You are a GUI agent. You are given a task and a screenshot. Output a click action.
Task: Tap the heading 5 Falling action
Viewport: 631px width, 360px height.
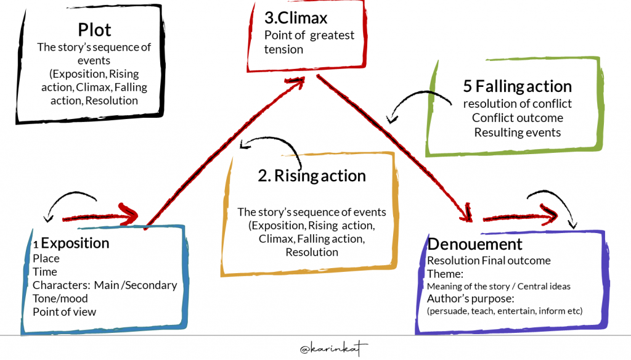coord(517,86)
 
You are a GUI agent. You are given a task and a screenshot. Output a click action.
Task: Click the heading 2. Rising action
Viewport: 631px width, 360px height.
coord(312,176)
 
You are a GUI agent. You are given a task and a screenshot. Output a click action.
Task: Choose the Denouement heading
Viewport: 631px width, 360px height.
coord(474,244)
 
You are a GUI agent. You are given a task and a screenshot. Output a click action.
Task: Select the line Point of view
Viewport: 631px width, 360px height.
coord(64,311)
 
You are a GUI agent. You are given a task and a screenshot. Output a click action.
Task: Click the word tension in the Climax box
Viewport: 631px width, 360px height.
coord(283,49)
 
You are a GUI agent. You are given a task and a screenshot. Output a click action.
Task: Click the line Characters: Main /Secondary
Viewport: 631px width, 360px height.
coord(105,285)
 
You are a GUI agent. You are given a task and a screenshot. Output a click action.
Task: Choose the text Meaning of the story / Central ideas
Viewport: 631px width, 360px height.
coord(498,286)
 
